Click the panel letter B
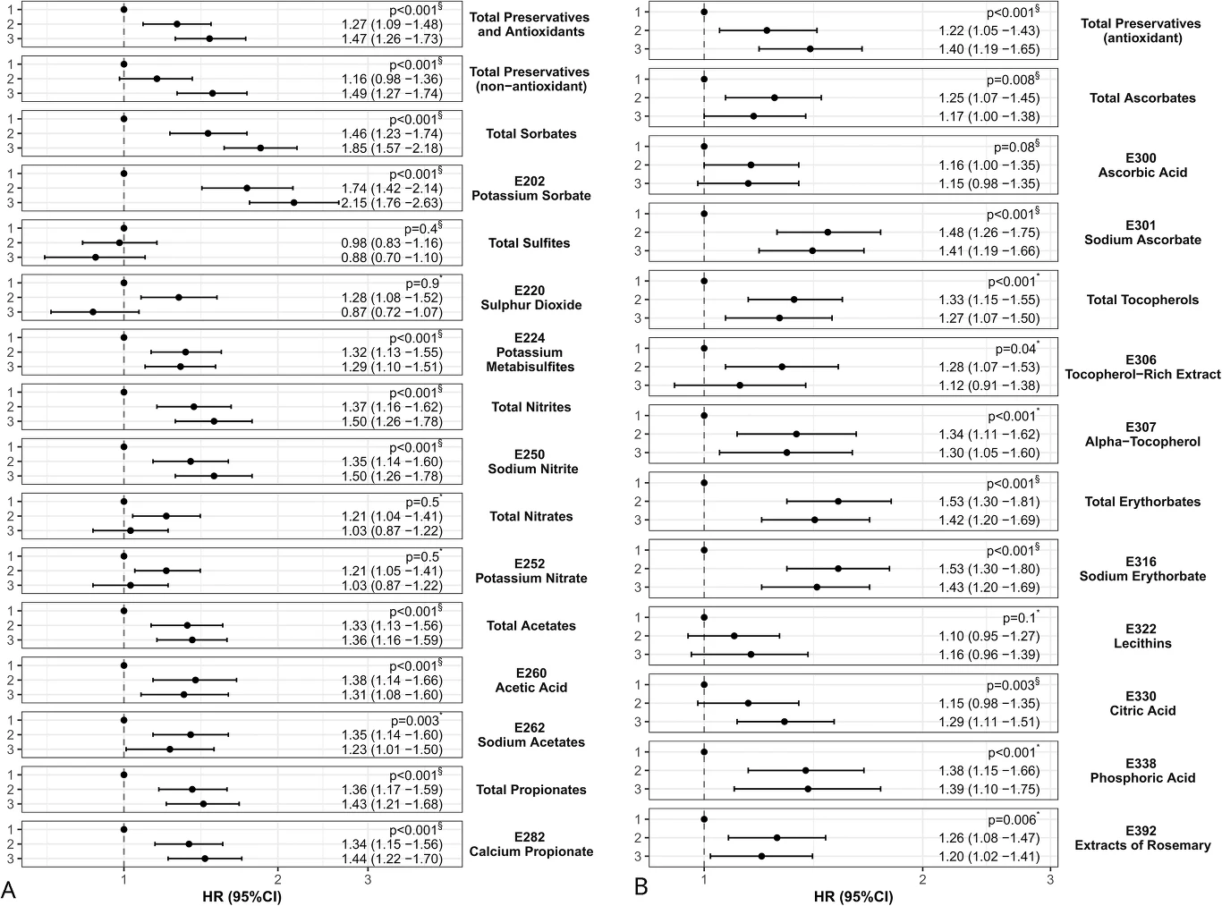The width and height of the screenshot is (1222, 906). [641, 886]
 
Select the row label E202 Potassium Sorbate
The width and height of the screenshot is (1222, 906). [530, 188]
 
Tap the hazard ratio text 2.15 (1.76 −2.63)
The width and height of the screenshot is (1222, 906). [392, 203]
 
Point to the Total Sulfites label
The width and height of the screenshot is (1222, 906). [529, 242]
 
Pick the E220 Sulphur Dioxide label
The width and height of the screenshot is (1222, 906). [530, 297]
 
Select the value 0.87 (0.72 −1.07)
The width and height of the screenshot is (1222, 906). [392, 312]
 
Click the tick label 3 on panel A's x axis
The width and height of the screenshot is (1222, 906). [368, 879]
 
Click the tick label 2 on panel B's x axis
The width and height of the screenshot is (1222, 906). [921, 879]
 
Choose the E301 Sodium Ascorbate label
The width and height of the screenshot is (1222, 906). [1142, 233]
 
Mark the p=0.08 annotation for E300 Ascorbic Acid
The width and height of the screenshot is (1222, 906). [1016, 147]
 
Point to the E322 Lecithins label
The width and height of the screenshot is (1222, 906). [1142, 636]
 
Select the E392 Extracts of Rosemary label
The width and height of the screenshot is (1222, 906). [1142, 838]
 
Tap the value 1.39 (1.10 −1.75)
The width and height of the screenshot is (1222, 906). [989, 790]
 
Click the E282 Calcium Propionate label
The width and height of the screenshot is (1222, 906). [530, 844]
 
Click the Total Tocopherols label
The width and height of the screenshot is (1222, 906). [1142, 300]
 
